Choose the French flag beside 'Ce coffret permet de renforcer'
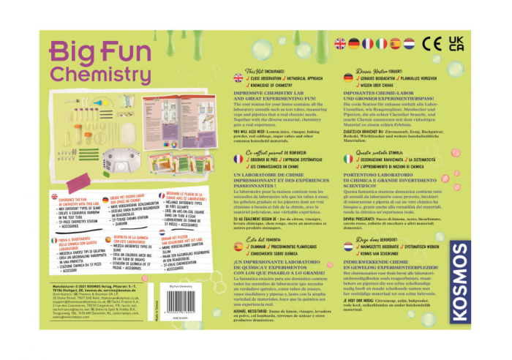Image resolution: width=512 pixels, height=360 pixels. pyautogui.click(x=238, y=158)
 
